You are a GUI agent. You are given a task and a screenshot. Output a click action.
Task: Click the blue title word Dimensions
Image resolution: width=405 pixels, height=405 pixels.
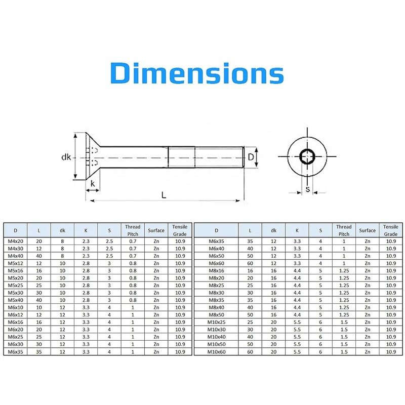coord(197,73)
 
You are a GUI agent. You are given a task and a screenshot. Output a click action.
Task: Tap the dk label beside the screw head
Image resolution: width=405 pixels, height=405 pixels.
coord(66,157)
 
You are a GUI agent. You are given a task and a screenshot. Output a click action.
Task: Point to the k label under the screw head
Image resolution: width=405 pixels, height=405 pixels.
coord(93,183)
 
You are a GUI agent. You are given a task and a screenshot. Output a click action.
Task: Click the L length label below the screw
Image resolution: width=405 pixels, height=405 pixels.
coord(164,195)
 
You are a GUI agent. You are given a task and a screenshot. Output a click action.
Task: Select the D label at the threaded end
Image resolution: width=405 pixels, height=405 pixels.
coord(251,157)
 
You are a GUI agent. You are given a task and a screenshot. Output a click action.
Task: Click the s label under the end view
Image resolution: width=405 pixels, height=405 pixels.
coord(307,189)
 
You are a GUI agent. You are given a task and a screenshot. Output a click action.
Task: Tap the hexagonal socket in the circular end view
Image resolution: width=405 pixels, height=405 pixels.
coord(307,156)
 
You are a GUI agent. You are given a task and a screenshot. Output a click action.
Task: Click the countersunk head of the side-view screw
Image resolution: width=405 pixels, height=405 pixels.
coord(93,156)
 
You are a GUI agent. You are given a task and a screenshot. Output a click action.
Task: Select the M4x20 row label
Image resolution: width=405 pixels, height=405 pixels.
coord(16,241)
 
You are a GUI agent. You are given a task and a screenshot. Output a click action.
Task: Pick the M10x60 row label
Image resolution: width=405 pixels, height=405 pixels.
coord(217,352)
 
